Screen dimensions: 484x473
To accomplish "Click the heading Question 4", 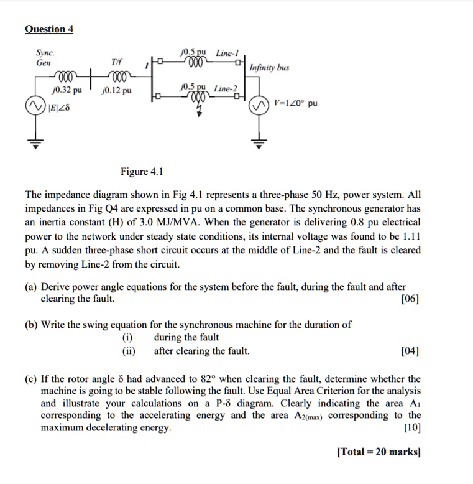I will coord(49,29).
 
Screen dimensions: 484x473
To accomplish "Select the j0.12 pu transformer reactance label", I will coord(116,91).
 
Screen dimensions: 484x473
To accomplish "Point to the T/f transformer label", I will coord(117,63).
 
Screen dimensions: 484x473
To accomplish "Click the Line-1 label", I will coord(227,52).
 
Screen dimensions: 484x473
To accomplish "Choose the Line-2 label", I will coord(226,88).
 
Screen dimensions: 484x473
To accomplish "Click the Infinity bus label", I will coord(269,67).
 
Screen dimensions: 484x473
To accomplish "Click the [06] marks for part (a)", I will coord(410,299).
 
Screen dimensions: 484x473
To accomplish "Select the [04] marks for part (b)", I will coord(410,351).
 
